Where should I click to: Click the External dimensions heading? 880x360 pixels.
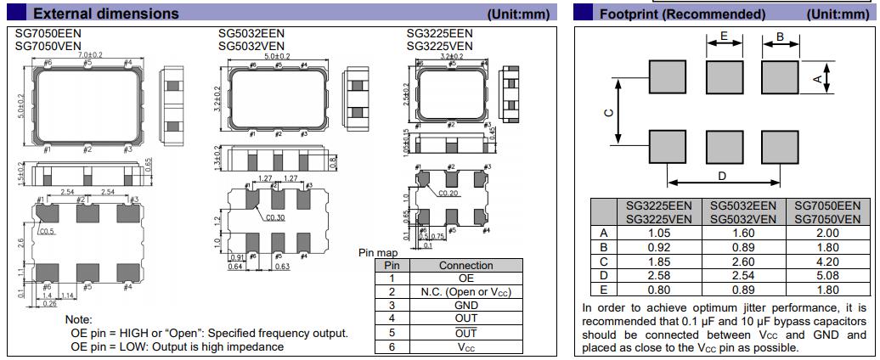click(x=105, y=14)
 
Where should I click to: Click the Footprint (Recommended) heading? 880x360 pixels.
click(x=682, y=14)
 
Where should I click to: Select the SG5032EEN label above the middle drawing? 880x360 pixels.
click(x=251, y=33)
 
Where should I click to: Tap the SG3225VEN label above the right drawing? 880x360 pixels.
click(x=439, y=46)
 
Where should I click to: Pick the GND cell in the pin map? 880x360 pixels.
click(x=466, y=306)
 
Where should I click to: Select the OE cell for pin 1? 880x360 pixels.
click(x=466, y=278)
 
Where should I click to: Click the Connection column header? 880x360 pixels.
click(x=466, y=265)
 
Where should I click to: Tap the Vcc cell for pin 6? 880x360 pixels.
click(x=466, y=346)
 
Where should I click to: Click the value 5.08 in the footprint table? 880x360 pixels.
click(x=826, y=274)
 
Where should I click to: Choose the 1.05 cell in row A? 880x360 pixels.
click(x=659, y=233)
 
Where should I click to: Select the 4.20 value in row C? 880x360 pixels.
click(x=826, y=261)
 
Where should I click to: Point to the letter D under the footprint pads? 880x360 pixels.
click(x=723, y=176)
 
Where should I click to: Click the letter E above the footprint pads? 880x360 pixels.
click(x=724, y=36)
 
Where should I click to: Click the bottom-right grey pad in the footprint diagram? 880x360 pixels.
click(x=779, y=146)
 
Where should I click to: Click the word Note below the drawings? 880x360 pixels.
click(x=78, y=319)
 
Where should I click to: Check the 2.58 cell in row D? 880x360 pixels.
click(x=659, y=274)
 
